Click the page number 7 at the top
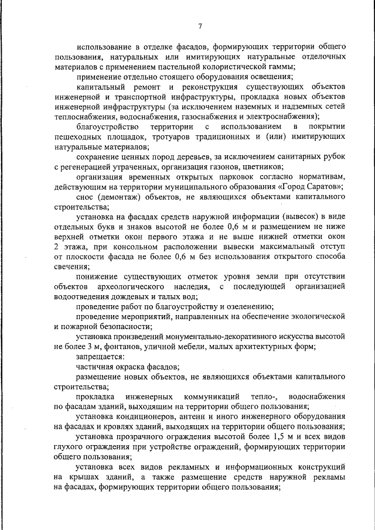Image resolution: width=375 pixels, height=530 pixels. click(200, 26)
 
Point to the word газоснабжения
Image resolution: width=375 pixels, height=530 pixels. click(193, 116)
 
